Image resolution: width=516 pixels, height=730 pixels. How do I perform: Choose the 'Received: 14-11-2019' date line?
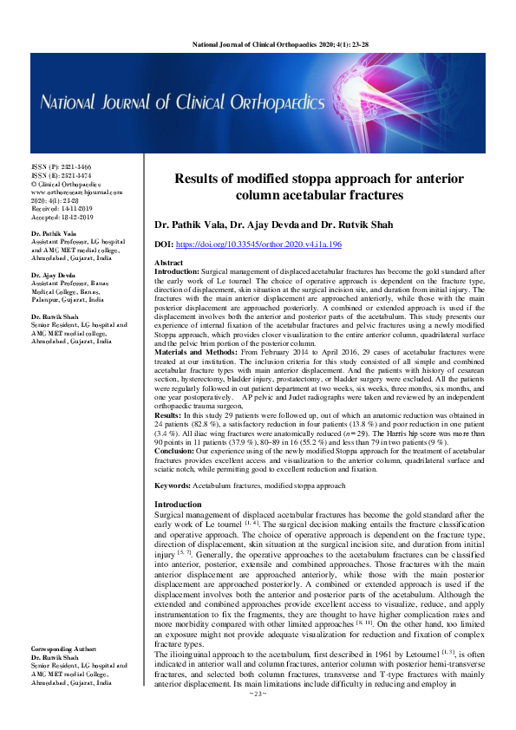coord(61,209)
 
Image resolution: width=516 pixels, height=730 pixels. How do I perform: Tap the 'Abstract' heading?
coord(168,262)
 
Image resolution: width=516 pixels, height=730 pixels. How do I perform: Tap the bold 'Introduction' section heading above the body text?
coord(178,505)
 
